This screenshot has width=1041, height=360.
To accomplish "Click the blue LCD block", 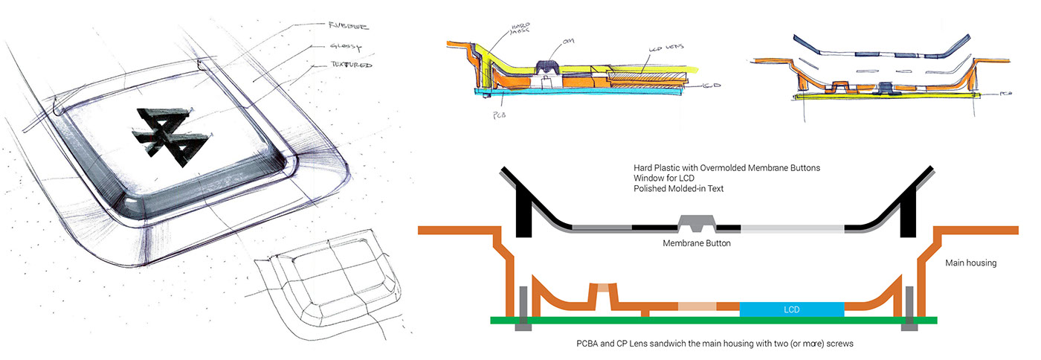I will tap(791, 309).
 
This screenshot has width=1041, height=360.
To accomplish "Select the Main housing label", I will tap(971, 263).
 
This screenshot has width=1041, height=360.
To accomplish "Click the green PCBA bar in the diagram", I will tap(669, 321).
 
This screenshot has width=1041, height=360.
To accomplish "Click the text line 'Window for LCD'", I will tap(667, 179).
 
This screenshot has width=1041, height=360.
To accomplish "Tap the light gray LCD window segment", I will tap(793, 228).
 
